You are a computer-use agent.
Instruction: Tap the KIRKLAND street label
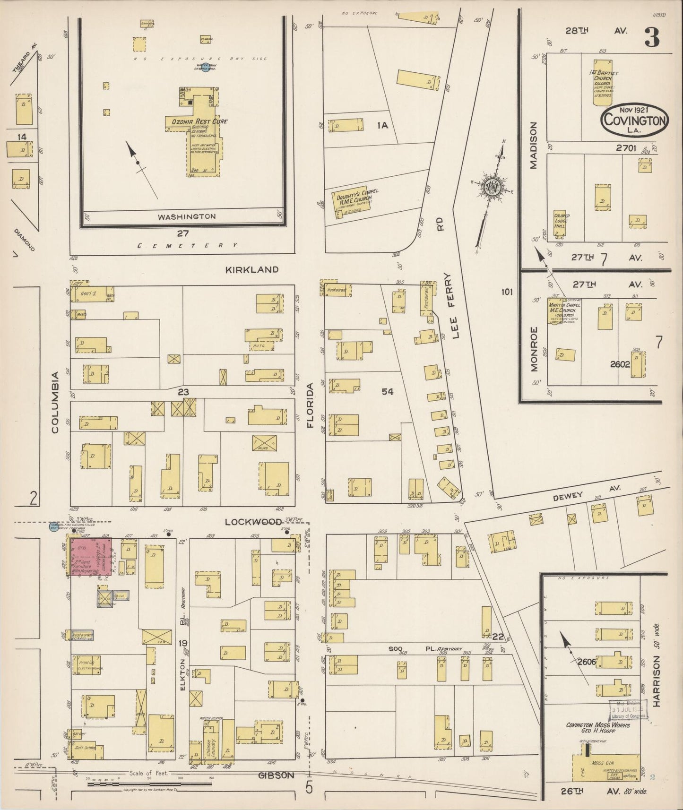pos(251,269)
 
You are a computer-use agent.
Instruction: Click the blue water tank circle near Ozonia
pos(205,68)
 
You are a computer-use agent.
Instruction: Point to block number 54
pos(388,391)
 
